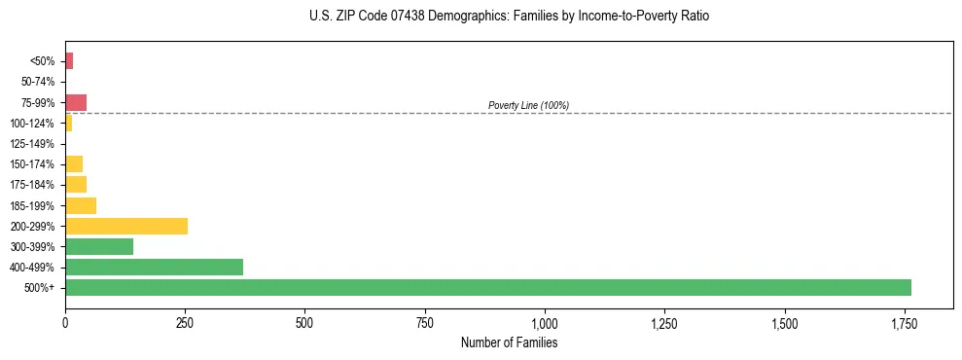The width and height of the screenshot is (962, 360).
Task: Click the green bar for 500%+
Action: point(487,288)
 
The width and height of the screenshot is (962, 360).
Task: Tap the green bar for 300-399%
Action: point(99,247)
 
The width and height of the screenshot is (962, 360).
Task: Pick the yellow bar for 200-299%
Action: point(126,226)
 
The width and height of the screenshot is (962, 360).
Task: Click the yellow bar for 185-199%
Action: point(81,205)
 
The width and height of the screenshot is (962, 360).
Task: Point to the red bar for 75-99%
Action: point(76,102)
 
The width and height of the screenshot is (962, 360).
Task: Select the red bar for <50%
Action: point(69,61)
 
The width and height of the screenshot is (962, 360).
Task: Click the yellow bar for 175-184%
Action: point(76,185)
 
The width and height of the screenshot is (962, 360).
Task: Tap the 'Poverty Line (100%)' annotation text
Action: point(528,105)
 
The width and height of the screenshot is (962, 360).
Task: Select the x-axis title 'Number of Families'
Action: point(509,342)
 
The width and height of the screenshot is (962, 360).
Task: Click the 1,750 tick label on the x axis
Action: point(904,323)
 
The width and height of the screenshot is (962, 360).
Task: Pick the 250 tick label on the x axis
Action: point(185,323)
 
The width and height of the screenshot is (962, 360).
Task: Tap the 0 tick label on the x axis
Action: point(65,323)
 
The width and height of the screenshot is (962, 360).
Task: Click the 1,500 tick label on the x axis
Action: point(784,323)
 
